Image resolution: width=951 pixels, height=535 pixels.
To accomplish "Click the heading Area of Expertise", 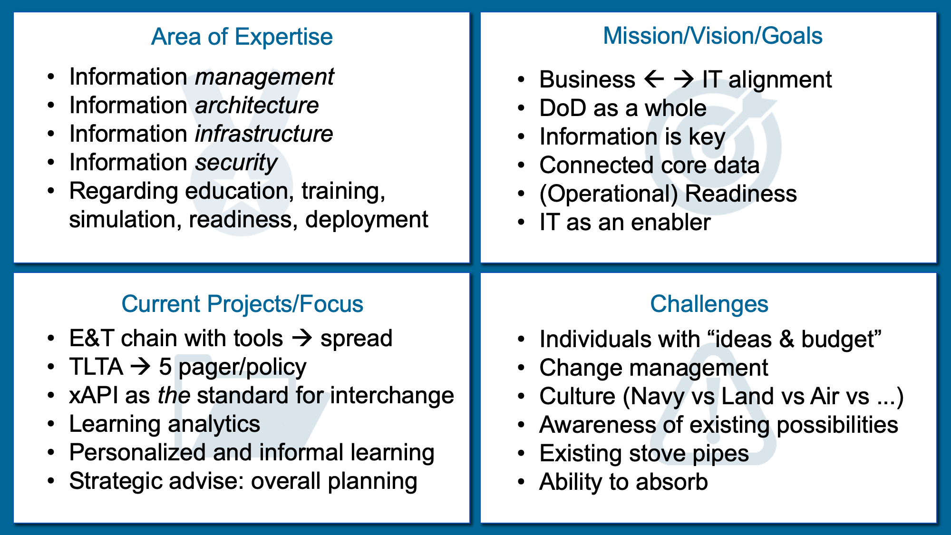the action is click(242, 37).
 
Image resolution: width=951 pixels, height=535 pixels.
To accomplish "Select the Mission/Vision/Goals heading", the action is click(712, 36).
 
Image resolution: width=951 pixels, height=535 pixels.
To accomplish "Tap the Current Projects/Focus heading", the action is click(242, 304).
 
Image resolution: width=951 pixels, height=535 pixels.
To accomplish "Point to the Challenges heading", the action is click(709, 304).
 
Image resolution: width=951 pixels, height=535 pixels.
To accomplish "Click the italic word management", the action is click(264, 77).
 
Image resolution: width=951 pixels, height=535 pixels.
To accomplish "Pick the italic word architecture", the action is click(257, 106).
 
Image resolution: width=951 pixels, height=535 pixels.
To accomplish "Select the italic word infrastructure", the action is click(264, 134).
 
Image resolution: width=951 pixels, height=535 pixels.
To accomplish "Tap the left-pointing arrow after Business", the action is click(654, 79).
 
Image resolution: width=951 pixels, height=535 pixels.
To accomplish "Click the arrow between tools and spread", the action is click(302, 338).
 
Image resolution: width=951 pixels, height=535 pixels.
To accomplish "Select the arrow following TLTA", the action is click(141, 367).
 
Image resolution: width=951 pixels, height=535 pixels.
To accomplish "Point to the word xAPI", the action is click(94, 396).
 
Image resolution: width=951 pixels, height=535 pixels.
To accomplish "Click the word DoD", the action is click(563, 108).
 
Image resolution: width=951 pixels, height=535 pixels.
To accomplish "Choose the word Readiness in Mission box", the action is click(741, 194).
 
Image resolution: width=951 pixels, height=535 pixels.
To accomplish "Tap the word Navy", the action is click(658, 397).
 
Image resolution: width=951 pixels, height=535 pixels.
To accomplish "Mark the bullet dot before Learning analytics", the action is click(51, 424).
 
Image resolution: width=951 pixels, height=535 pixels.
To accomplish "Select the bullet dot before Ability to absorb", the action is click(521, 482).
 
